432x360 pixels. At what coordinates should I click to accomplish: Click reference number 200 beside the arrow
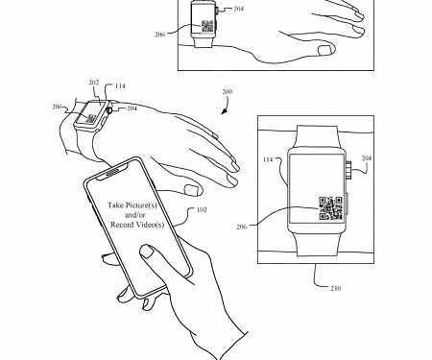(x=227, y=94)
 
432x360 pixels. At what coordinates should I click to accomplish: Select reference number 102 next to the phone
(x=201, y=209)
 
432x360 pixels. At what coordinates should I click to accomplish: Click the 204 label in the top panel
(x=237, y=8)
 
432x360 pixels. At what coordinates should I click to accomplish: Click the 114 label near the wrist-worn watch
(x=119, y=84)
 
